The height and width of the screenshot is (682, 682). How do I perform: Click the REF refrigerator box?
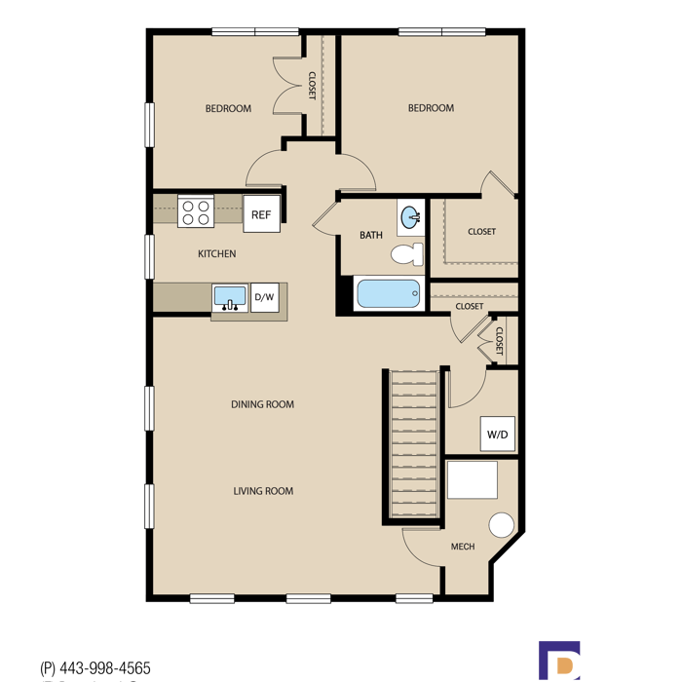[261, 213]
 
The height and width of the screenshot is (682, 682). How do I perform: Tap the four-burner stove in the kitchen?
[196, 211]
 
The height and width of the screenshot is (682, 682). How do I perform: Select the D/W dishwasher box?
[265, 297]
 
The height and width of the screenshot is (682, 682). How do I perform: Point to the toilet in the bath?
[407, 254]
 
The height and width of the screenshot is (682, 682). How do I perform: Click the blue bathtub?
[389, 293]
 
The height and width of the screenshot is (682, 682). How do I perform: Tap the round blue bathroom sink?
[410, 217]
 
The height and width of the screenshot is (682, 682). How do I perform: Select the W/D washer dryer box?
[498, 435]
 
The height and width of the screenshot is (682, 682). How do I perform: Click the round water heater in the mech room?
[502, 525]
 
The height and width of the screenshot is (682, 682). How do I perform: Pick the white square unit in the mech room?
[473, 479]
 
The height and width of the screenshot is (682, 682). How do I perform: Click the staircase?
[414, 443]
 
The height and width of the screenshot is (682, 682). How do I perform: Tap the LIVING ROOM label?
[263, 491]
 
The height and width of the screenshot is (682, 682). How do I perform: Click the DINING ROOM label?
[263, 404]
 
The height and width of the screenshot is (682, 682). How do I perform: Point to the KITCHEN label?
[217, 253]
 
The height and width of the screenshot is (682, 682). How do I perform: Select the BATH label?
[371, 236]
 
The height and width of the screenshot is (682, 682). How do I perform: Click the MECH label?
[463, 547]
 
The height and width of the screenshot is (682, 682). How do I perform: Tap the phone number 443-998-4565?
[105, 667]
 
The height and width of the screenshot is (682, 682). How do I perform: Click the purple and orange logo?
[559, 662]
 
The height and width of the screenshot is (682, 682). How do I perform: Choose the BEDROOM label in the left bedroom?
[228, 108]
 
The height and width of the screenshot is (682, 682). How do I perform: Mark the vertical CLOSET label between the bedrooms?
[312, 86]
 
